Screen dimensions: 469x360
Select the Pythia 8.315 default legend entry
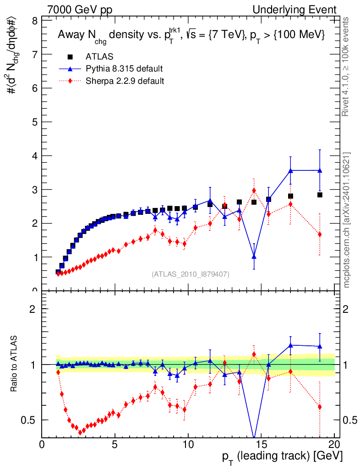click(124, 69)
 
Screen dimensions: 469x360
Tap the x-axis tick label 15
click(261, 445)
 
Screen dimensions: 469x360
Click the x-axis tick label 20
click(334, 445)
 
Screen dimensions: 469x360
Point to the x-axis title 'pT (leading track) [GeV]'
click(282, 457)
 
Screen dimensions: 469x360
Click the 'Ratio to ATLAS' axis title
click(15, 364)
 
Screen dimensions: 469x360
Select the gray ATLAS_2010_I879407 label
click(191, 274)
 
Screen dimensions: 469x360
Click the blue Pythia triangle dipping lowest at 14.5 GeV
click(254, 256)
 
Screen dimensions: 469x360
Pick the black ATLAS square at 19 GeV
click(320, 195)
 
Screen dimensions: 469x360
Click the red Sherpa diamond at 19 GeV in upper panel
click(320, 234)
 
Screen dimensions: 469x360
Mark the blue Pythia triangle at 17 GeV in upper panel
click(290, 170)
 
